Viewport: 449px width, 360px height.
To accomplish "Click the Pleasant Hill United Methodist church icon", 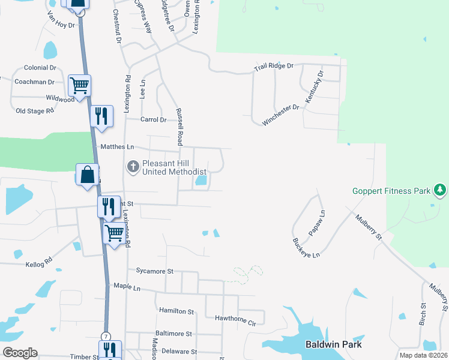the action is (134, 166).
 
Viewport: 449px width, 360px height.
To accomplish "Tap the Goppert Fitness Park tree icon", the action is (440, 191).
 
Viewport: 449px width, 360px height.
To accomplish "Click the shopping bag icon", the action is (88, 175).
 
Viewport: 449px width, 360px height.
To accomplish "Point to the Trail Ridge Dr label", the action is (273, 66).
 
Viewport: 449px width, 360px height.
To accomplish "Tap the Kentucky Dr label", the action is (315, 87).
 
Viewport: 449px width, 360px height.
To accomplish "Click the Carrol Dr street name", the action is (153, 119).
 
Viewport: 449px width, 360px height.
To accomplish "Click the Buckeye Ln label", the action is (306, 247).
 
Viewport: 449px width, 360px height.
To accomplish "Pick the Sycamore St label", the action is (154, 271).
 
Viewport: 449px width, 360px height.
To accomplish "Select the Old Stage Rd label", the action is (35, 110).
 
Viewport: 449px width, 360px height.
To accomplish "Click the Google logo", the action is (20, 353).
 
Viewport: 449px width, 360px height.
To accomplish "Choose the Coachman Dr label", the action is (34, 82).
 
